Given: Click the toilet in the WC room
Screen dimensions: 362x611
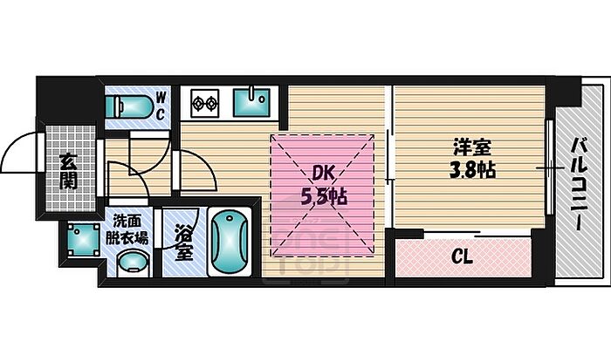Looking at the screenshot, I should [127, 107].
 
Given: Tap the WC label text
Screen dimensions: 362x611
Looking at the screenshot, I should [161, 106].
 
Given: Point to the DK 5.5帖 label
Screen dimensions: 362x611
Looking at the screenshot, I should [325, 186].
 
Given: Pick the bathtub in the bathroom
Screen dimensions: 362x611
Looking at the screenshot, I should [229, 242].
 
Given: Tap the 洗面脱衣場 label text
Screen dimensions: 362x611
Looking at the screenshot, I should [128, 228].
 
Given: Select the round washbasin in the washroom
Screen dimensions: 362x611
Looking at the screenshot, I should [133, 262].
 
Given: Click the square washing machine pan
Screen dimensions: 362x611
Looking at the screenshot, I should [83, 241].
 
